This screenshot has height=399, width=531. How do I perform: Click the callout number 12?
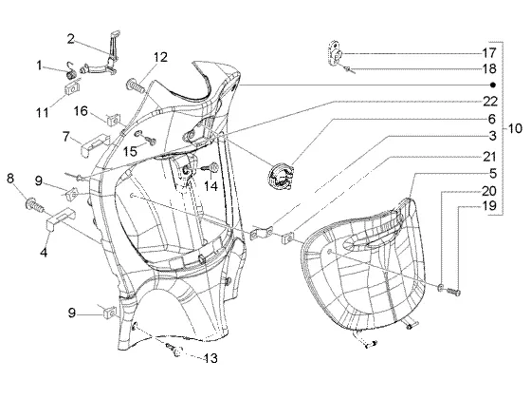tap(160, 57)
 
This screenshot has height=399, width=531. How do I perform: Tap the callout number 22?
tap(489, 102)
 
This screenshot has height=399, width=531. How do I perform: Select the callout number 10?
tap(515, 128)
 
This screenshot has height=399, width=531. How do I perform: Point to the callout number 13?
tap(210, 358)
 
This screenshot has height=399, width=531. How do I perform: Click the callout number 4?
tap(44, 252)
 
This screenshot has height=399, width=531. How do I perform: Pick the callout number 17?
tap(489, 53)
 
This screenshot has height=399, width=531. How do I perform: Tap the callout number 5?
tap(493, 173)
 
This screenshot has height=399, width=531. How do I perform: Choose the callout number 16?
tap(81, 111)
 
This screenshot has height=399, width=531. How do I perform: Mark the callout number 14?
tap(211, 185)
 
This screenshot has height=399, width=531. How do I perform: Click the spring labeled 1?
tap(71, 72)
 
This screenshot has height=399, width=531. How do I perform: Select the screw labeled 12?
tap(136, 85)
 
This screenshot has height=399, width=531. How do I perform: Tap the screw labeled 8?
tap(35, 205)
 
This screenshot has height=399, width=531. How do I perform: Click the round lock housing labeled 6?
tap(281, 176)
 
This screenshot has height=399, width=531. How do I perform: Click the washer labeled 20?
tap(441, 288)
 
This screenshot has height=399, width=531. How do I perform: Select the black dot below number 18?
tap(493, 85)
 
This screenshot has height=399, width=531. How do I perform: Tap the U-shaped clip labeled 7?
tap(95, 144)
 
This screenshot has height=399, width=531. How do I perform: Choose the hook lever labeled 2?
tap(111, 58)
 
